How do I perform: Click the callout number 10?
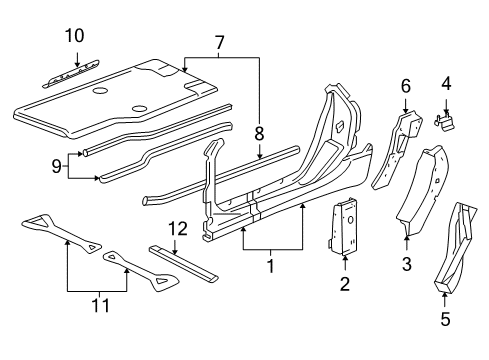click(x=75, y=37)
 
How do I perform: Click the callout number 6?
click(x=405, y=87)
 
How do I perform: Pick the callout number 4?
click(x=446, y=84)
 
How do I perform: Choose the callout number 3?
click(x=407, y=264)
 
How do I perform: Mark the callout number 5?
click(x=445, y=320)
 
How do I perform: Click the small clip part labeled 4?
click(x=446, y=120)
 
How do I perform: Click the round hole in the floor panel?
click(x=99, y=92)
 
